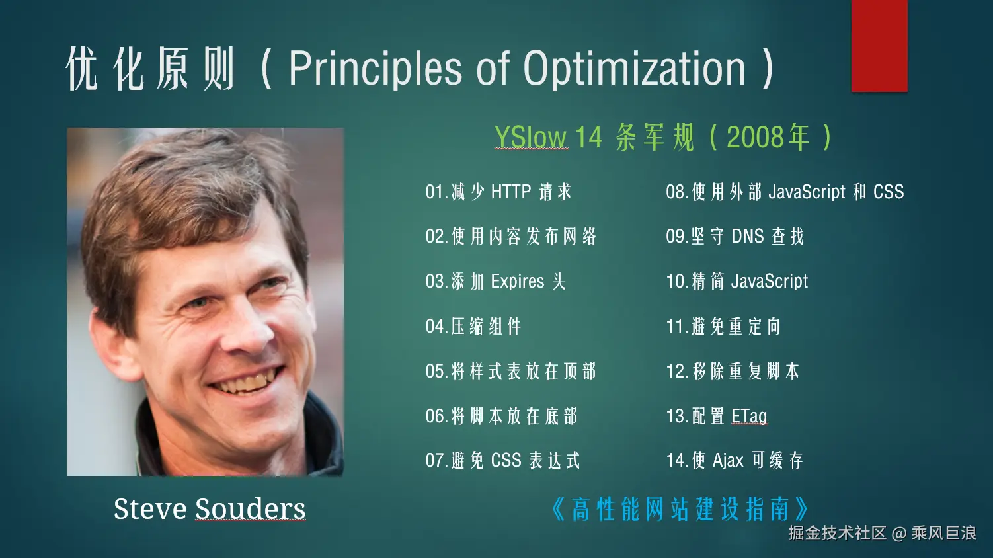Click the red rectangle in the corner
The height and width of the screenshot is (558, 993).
coord(879,46)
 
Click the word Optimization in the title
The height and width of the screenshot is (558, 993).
coord(635,69)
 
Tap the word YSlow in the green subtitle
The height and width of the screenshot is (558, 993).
coord(531,137)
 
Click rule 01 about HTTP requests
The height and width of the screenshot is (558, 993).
coord(498,192)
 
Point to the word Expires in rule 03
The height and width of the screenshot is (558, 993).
coord(518,282)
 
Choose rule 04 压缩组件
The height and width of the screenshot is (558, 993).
coord(473,326)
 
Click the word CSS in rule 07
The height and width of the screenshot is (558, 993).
coord(506,460)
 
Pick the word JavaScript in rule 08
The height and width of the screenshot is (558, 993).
coord(807,192)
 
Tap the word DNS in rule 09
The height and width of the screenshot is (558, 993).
coord(748,236)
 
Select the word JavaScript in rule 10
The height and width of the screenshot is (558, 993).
coord(769,282)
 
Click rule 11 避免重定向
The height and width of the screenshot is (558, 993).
coord(723,326)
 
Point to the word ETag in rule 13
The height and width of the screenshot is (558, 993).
coord(749,416)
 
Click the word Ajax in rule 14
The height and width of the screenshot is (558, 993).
coord(727,461)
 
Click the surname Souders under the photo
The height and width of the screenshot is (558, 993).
coord(251,509)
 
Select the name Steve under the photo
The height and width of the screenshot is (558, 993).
coord(150,509)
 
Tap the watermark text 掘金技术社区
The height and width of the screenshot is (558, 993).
coord(837,533)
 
